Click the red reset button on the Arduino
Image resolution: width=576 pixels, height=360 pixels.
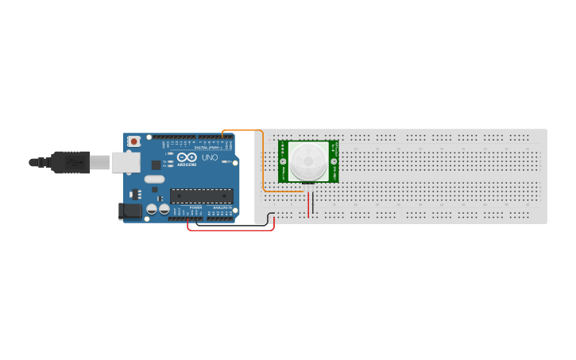tap(134, 141)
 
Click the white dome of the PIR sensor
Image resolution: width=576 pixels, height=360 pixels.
tap(308, 161)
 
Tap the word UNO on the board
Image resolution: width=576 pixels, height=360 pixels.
tap(210, 158)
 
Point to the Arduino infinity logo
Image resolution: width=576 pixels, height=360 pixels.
tap(187, 157)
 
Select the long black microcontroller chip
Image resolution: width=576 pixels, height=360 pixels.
tap(201, 195)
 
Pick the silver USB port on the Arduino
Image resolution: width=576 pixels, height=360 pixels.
tap(125, 162)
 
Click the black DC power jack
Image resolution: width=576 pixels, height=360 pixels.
tap(130, 211)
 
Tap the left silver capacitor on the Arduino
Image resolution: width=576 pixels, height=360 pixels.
tap(151, 209)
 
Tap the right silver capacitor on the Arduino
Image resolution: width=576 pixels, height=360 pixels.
tap(164, 209)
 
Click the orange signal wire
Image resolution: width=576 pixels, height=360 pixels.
tap(263, 159)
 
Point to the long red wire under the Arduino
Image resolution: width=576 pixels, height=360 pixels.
tap(230, 230)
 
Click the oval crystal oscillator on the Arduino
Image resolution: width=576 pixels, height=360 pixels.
tap(154, 179)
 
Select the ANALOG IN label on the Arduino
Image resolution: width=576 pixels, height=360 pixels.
tap(221, 207)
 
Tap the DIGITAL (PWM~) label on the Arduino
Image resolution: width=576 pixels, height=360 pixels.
tap(208, 148)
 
